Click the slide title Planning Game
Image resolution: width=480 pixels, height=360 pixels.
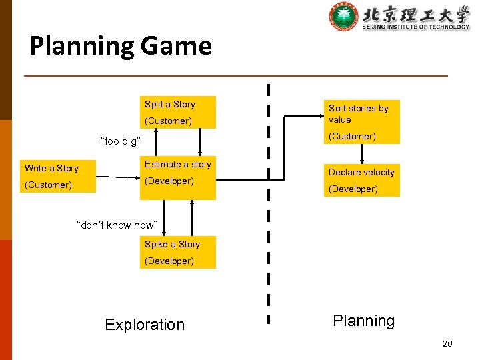(121, 46)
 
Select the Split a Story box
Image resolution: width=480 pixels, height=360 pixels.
(178, 112)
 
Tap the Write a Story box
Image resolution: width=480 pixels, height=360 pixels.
(59, 176)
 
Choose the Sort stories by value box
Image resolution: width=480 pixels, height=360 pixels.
(362, 121)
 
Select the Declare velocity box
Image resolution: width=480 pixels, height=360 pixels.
(362, 180)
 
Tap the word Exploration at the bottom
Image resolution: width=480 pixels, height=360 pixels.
(145, 325)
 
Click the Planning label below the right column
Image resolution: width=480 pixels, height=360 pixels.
(363, 321)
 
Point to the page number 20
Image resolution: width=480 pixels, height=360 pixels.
(447, 343)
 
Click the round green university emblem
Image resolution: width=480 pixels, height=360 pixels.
(343, 17)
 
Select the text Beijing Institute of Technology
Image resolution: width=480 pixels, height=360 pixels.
(415, 27)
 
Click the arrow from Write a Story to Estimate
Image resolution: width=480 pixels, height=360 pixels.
(120, 177)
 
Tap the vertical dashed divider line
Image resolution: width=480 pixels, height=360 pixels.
(269, 200)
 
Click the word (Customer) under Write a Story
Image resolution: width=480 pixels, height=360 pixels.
(48, 185)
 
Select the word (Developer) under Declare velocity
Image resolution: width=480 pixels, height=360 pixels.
(353, 189)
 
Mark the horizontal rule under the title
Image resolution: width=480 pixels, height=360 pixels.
(236, 76)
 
